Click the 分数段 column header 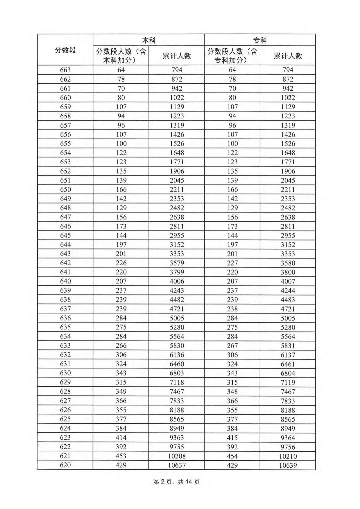click(x=65, y=50)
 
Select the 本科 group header click(x=149, y=40)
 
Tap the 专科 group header click(x=260, y=40)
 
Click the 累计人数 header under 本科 click(x=177, y=56)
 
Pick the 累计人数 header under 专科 click(x=288, y=56)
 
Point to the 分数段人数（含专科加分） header click(x=232, y=56)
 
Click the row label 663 click(x=65, y=70)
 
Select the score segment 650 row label click(x=65, y=190)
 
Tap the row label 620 click(x=65, y=465)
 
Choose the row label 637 click(x=65, y=309)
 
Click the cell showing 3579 click(x=177, y=263)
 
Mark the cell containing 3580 click(x=288, y=263)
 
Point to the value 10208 click(x=177, y=456)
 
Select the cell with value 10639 click(x=288, y=465)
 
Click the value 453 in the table click(x=121, y=456)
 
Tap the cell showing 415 click(x=232, y=438)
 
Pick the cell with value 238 click(x=232, y=309)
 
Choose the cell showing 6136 click(x=177, y=355)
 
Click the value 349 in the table click(x=121, y=391)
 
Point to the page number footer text click(x=176, y=482)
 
